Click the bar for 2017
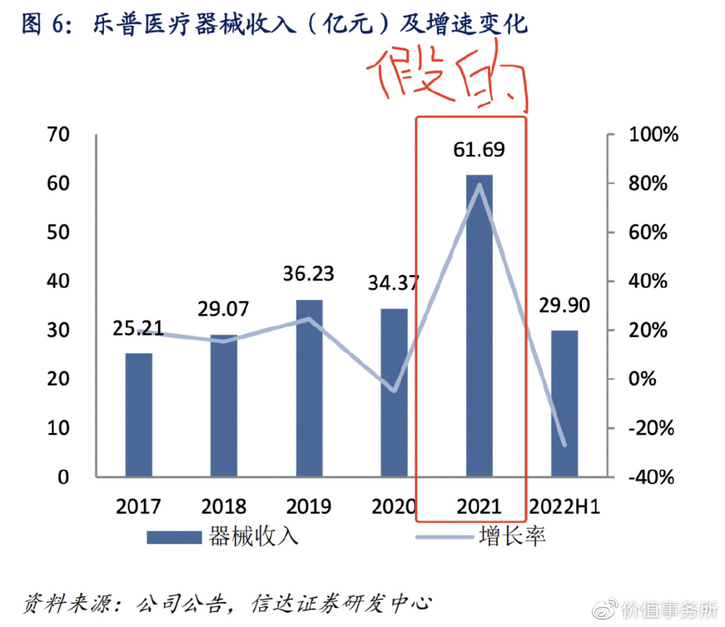click(139, 414)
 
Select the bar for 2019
click(309, 388)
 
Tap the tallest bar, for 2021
click(479, 326)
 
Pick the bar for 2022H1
click(564, 403)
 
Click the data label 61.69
click(480, 150)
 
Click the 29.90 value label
click(565, 306)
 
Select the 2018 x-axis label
click(224, 507)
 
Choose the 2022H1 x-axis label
click(564, 507)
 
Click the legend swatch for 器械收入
click(174, 537)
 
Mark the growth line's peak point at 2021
click(479, 185)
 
